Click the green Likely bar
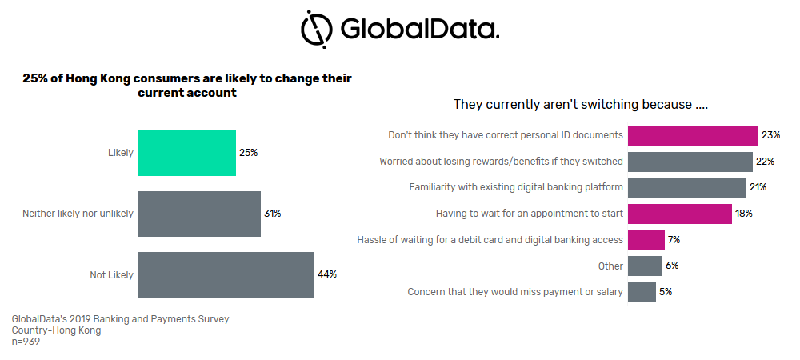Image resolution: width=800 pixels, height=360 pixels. click(x=186, y=153)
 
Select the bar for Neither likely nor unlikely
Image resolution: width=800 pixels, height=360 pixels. click(x=199, y=214)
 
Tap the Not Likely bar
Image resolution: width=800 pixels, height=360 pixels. click(x=226, y=274)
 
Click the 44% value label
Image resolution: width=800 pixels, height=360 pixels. click(x=326, y=274)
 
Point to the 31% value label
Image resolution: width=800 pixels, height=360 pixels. click(x=273, y=214)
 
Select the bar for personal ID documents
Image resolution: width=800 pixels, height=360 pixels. click(x=693, y=135)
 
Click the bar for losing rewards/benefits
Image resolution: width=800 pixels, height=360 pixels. click(x=690, y=162)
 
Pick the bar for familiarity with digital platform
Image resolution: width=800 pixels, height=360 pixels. click(x=686, y=187)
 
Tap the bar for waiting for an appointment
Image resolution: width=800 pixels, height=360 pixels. click(x=679, y=214)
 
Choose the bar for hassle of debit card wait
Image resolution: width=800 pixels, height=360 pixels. click(x=646, y=240)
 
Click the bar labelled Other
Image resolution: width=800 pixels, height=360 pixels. click(x=645, y=266)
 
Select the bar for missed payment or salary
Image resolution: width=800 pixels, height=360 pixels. click(x=642, y=292)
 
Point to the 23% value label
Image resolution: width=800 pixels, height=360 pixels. click(x=770, y=135)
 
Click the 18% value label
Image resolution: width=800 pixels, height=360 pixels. click(x=744, y=214)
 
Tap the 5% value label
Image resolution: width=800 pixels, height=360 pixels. click(x=666, y=292)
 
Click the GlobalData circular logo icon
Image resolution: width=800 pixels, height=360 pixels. click(x=316, y=29)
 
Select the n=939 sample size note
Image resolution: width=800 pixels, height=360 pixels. click(x=26, y=342)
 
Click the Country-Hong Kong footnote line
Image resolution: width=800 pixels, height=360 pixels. click(x=56, y=330)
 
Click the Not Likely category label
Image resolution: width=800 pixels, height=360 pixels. click(x=111, y=275)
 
